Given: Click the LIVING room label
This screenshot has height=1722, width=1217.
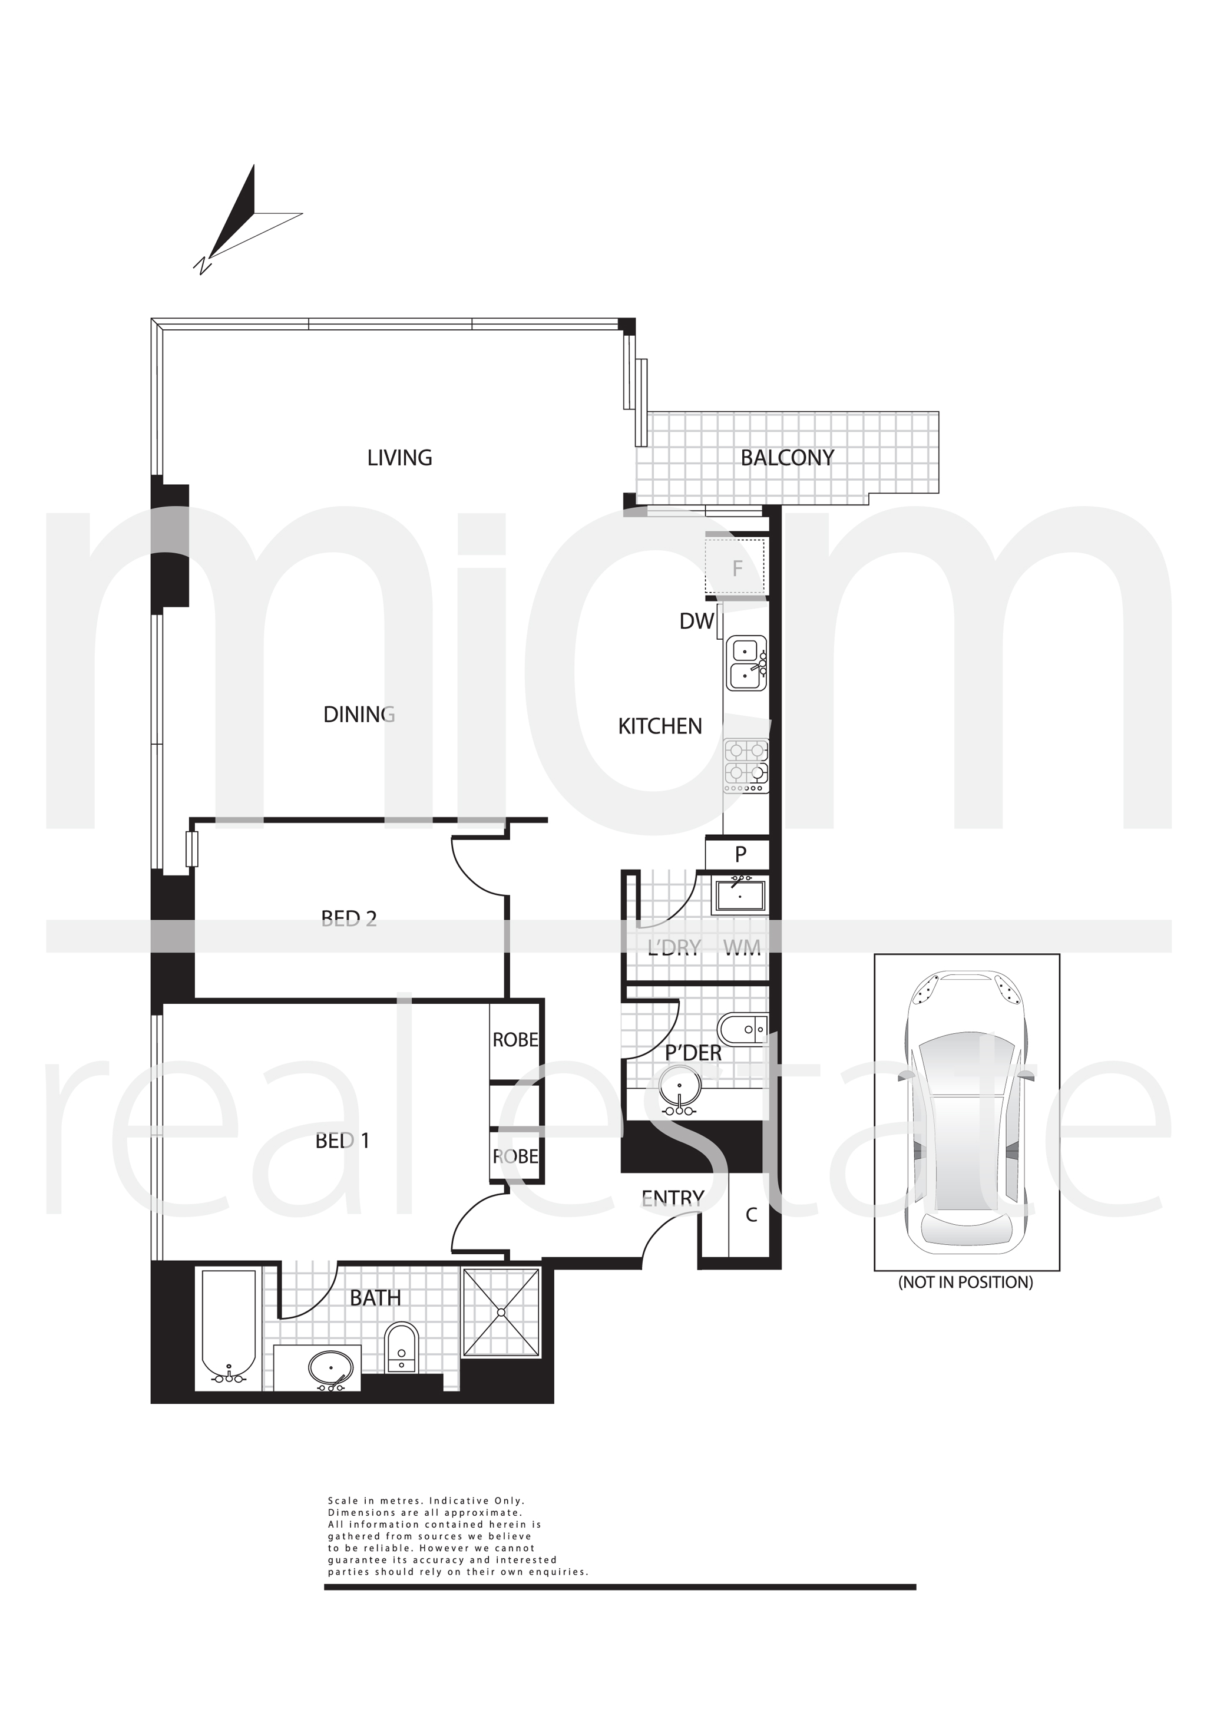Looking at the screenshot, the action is [399, 458].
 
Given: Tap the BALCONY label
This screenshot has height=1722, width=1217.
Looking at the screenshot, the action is [788, 458].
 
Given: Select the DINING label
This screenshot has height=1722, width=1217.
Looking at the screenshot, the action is [359, 715].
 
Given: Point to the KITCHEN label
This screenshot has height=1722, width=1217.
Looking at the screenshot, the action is [660, 726].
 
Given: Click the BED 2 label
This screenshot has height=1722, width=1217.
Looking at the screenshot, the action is [349, 919].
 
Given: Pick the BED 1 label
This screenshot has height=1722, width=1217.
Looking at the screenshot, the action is [343, 1141].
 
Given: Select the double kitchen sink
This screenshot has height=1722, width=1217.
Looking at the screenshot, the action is [746, 663].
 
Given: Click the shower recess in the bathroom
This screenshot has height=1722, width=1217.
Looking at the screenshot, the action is [501, 1313].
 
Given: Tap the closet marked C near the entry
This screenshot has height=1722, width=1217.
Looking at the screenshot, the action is [751, 1214].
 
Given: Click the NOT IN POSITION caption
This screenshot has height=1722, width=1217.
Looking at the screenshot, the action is [966, 1282].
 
